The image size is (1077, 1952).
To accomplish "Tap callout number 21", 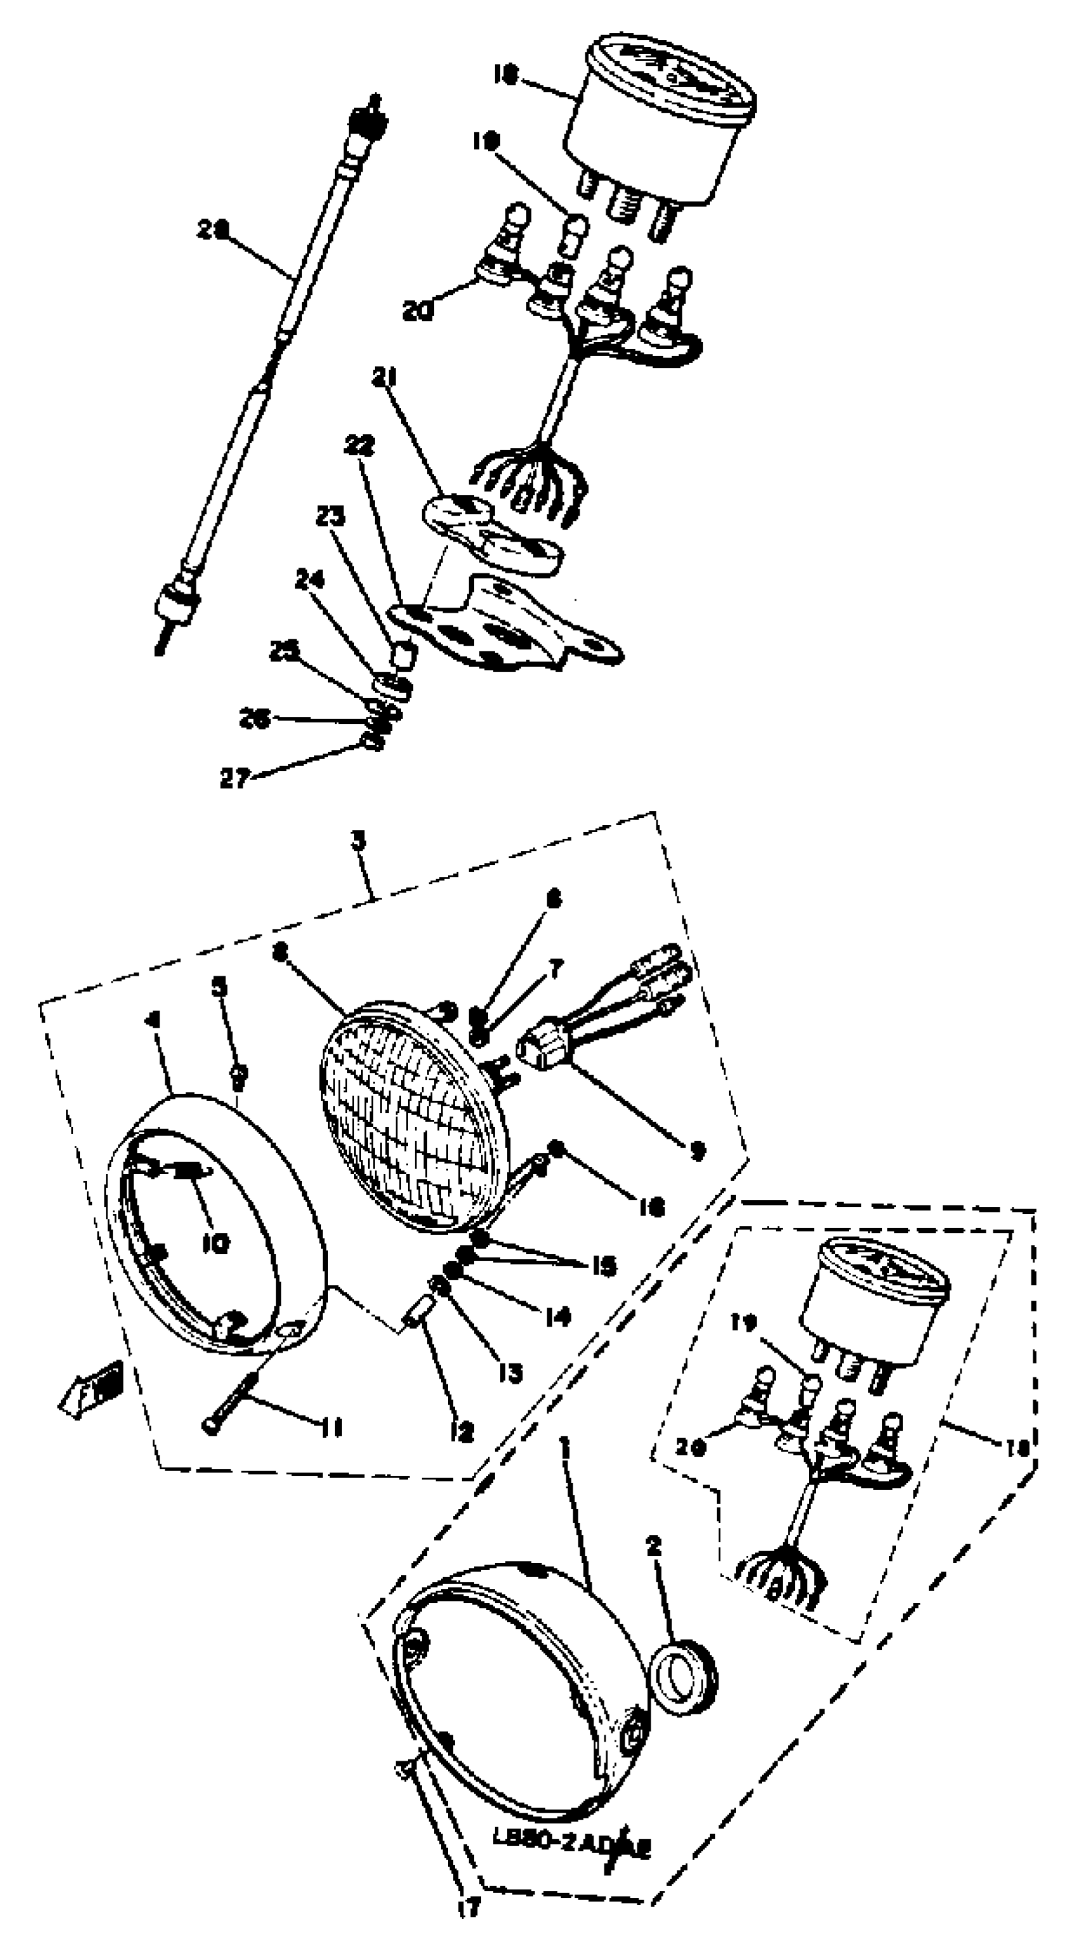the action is point(383,376).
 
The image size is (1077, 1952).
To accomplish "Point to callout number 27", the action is point(234,778).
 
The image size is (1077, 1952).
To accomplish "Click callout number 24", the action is point(310,580).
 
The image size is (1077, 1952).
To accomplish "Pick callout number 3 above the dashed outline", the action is point(359,839).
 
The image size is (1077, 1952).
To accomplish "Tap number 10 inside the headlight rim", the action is point(216,1244).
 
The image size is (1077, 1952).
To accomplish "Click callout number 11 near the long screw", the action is point(329,1427).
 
